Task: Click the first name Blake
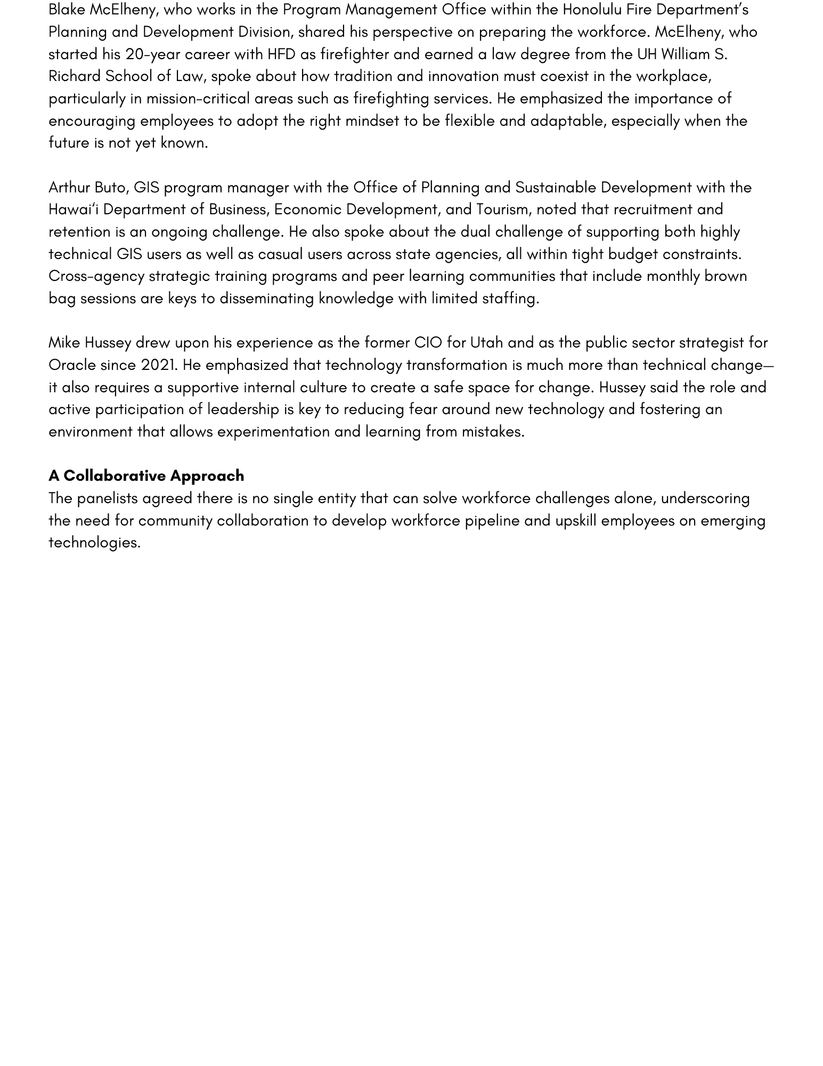click(x=67, y=10)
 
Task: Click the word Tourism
click(x=502, y=209)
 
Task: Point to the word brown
click(x=726, y=276)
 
